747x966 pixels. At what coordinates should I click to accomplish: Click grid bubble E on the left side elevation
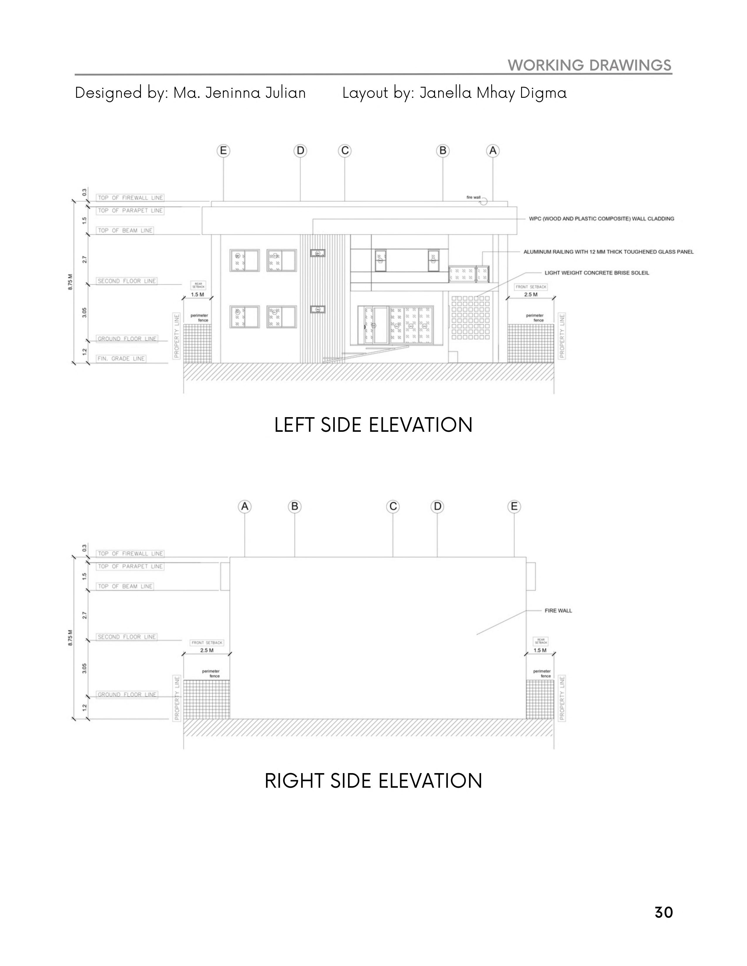click(x=224, y=151)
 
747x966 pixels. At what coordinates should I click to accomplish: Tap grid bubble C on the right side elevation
click(x=393, y=506)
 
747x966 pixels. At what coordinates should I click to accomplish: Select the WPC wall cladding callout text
click(x=601, y=218)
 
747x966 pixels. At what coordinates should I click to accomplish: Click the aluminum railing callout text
click(x=608, y=252)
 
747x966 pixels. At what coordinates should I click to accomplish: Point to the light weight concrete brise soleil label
click(x=596, y=273)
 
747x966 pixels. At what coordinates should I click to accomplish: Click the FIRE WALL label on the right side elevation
click(x=558, y=610)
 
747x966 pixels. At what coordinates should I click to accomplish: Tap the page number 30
click(x=663, y=912)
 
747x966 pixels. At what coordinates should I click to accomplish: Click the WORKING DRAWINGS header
click(x=589, y=66)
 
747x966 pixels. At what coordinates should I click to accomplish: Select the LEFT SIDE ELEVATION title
click(x=373, y=425)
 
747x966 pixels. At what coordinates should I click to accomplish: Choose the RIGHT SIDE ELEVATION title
click(x=373, y=781)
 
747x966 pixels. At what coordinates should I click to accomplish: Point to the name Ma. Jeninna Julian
click(x=239, y=93)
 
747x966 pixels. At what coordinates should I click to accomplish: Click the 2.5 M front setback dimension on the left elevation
click(x=531, y=294)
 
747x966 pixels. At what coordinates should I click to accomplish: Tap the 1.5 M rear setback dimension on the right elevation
click(x=540, y=650)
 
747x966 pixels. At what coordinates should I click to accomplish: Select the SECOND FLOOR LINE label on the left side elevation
click(x=127, y=281)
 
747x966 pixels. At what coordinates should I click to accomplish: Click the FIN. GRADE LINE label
click(x=121, y=359)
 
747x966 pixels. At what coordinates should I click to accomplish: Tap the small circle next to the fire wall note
click(x=484, y=201)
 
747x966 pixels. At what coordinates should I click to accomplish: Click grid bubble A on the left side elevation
click(x=492, y=151)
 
